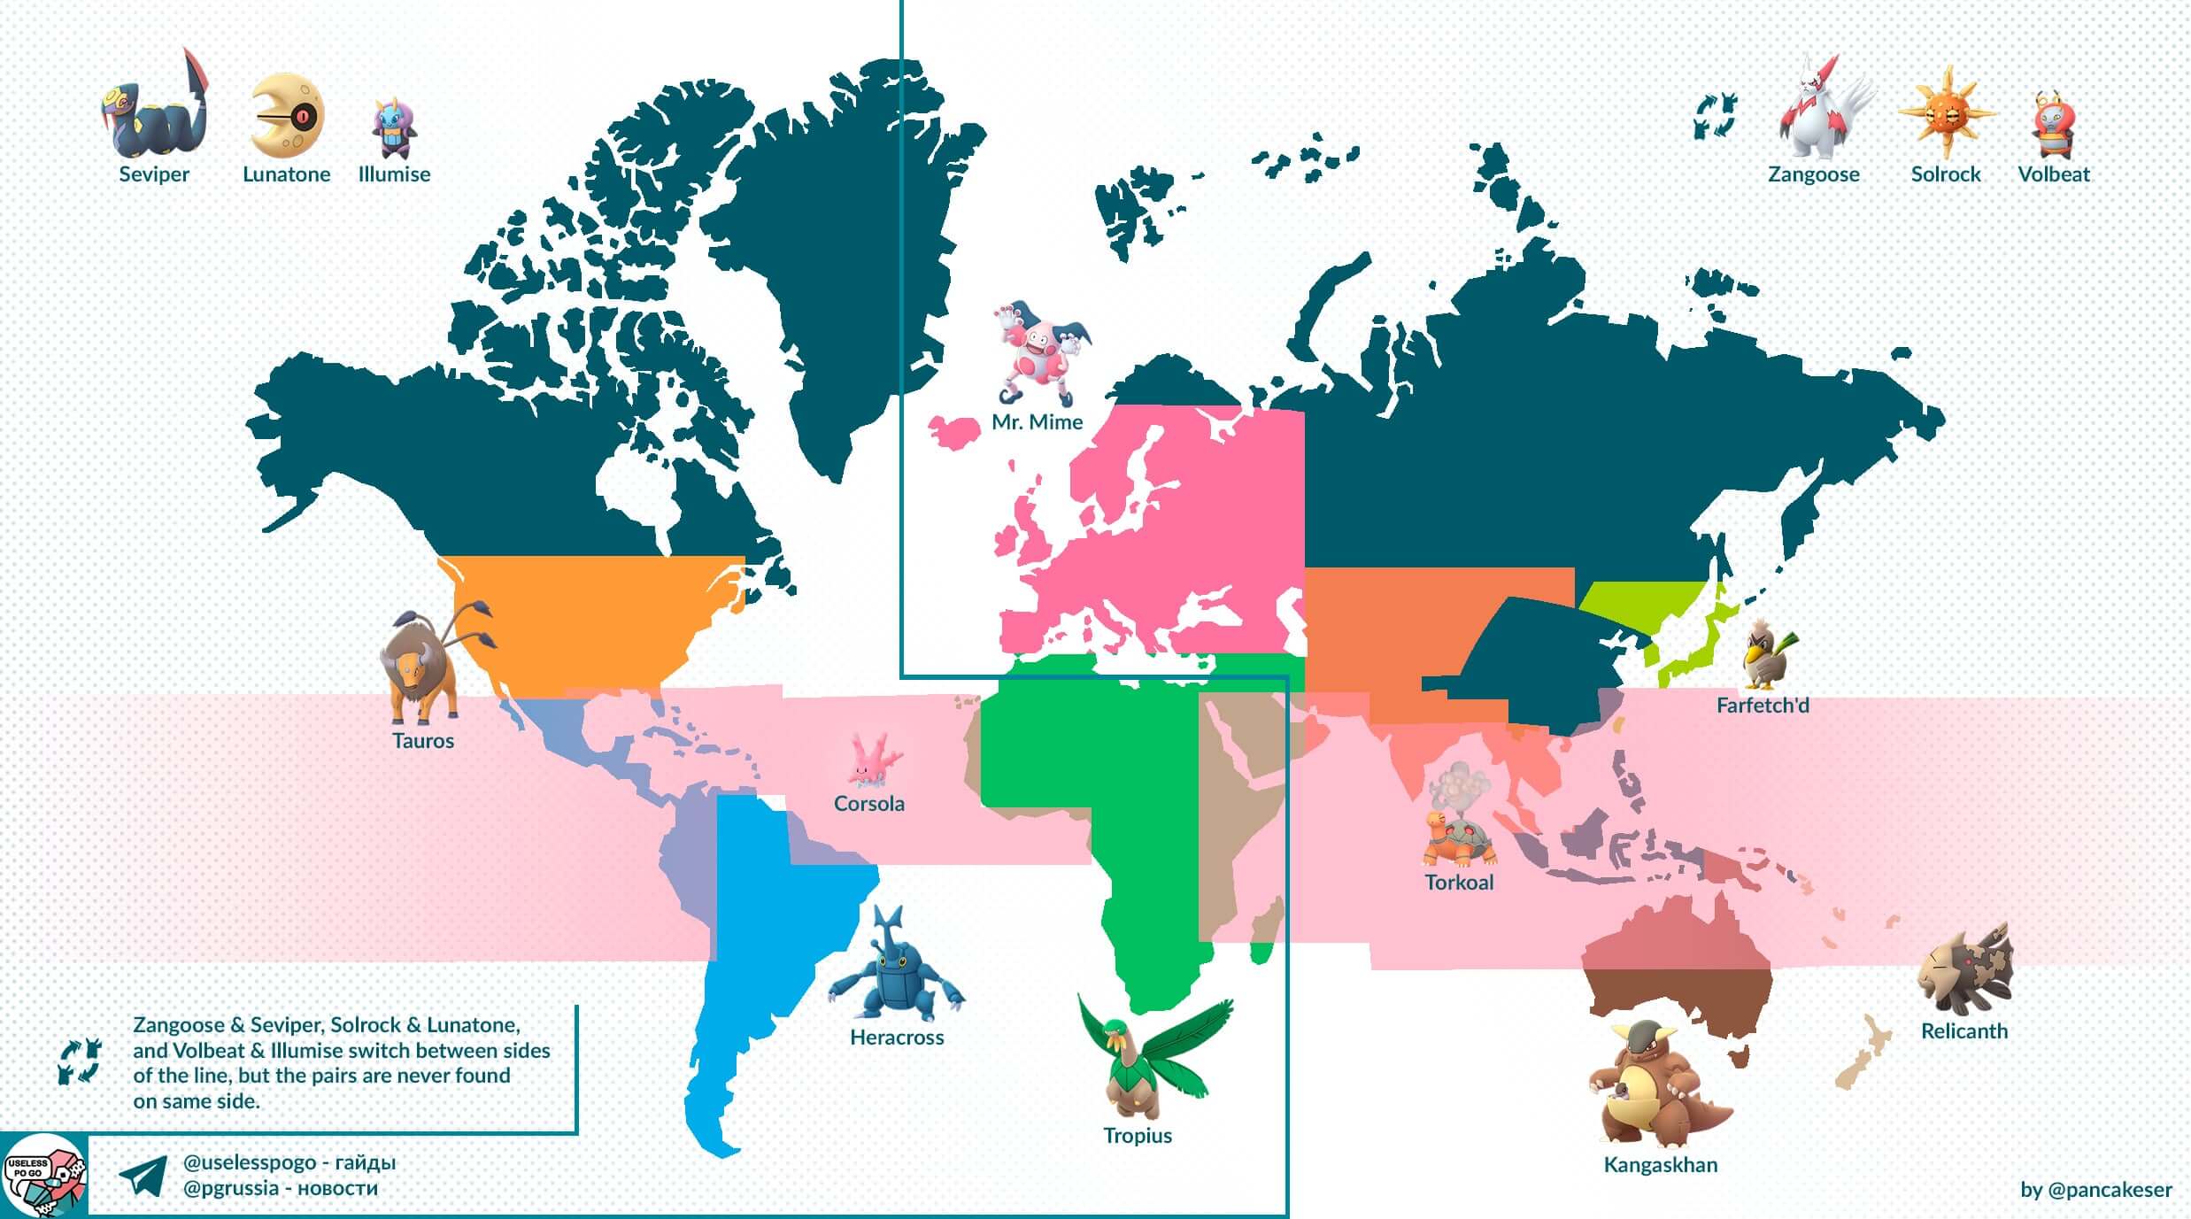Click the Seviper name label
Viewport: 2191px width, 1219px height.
pyautogui.click(x=154, y=174)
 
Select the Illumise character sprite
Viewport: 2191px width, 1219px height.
pyautogui.click(x=394, y=129)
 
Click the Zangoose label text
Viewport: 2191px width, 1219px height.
pyautogui.click(x=1813, y=174)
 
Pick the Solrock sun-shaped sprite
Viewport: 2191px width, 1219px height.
pyautogui.click(x=1945, y=113)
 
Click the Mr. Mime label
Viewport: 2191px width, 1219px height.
pyautogui.click(x=1037, y=422)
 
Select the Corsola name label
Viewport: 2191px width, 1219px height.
pyautogui.click(x=868, y=804)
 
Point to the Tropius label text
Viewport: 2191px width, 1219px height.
pyautogui.click(x=1137, y=1136)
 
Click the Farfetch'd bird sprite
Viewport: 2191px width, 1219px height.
pyautogui.click(x=1766, y=655)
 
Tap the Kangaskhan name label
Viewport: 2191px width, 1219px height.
pyautogui.click(x=1660, y=1165)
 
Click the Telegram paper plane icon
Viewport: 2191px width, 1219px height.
pyautogui.click(x=143, y=1176)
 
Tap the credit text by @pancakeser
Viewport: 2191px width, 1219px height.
pyautogui.click(x=2095, y=1190)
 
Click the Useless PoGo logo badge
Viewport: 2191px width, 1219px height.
pyautogui.click(x=44, y=1176)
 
